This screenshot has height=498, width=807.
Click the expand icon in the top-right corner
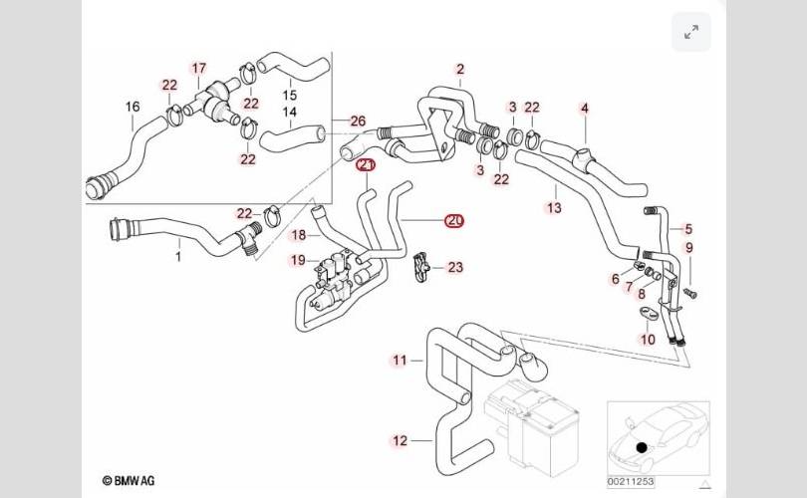[691, 32]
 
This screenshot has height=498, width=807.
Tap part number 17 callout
[199, 69]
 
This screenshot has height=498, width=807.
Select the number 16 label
[133, 107]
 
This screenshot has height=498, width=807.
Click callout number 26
[358, 122]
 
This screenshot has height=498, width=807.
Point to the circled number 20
[454, 220]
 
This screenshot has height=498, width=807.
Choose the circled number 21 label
[367, 165]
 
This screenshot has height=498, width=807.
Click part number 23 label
[455, 267]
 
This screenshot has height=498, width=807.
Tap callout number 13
[554, 207]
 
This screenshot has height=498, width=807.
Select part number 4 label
[585, 108]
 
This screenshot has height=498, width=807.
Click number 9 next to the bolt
[688, 248]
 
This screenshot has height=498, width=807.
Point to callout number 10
[648, 340]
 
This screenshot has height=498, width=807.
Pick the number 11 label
[400, 360]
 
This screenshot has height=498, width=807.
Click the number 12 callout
[400, 440]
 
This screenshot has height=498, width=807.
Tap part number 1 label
[178, 257]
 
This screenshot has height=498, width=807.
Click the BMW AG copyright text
[129, 481]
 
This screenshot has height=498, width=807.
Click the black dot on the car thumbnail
[642, 449]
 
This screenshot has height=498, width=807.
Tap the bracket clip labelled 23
[422, 267]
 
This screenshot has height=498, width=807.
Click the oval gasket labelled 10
[647, 317]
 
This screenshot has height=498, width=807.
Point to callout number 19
[298, 261]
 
